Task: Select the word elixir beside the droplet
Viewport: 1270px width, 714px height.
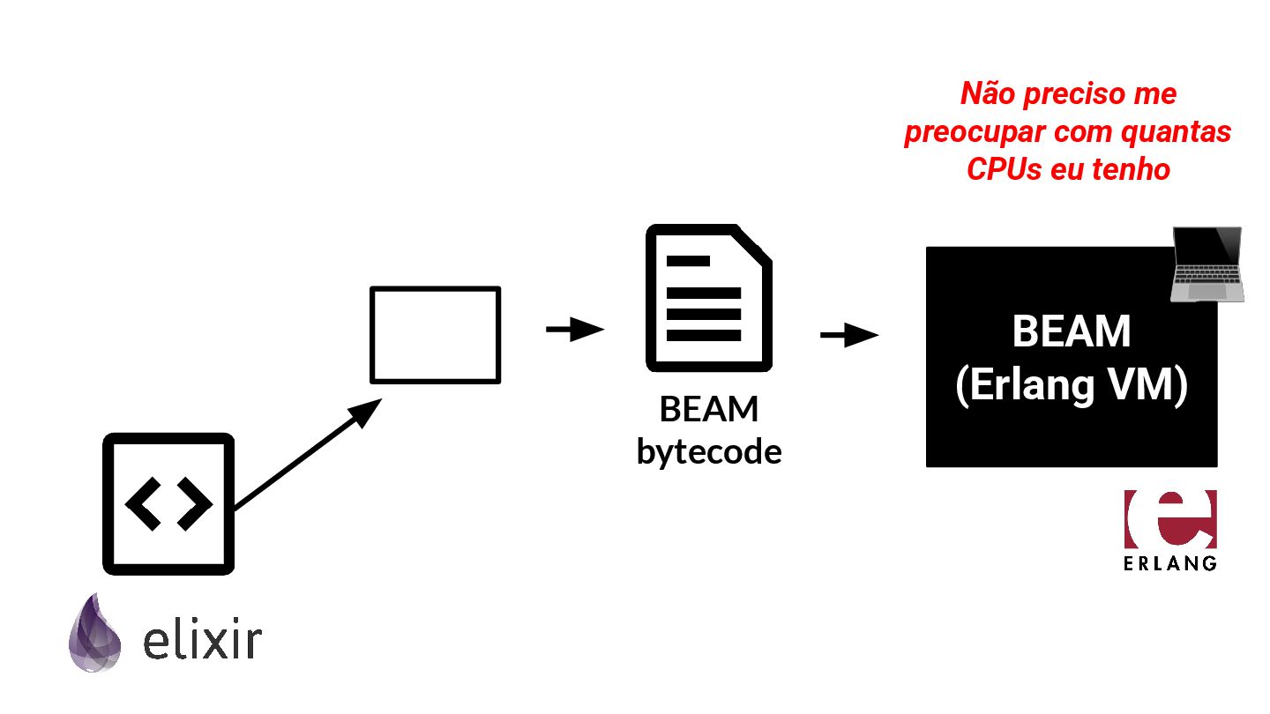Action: tap(202, 642)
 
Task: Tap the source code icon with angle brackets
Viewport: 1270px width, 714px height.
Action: tap(168, 503)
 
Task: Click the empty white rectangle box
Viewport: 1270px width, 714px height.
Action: tap(435, 335)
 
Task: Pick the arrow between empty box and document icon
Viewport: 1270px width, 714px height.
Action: tap(574, 330)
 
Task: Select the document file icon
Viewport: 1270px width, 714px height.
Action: tap(708, 299)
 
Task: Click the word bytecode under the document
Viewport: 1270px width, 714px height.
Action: tap(709, 452)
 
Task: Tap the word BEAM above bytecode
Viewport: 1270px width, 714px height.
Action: tap(709, 410)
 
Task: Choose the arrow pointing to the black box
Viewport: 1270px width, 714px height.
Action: tap(848, 335)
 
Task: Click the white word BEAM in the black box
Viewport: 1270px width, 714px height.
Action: tap(1071, 332)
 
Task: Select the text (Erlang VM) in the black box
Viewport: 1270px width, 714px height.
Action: tap(1071, 386)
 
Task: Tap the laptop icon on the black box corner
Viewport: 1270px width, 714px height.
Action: tap(1206, 264)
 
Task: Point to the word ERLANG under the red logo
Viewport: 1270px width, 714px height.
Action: tap(1170, 562)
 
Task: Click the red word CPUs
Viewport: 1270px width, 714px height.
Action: tap(1005, 168)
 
